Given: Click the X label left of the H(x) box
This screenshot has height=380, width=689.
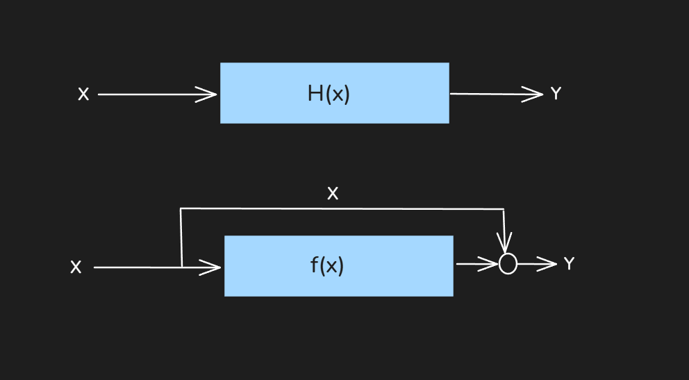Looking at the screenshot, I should click(83, 94).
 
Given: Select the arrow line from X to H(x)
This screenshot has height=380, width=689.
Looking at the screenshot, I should click(153, 94).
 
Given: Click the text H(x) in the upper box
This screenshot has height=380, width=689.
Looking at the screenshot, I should click(329, 94).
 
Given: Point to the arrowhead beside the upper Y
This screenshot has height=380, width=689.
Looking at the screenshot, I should click(536, 94).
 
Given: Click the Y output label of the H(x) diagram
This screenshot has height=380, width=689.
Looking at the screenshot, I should click(556, 94).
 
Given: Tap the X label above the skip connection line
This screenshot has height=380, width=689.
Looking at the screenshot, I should click(333, 194).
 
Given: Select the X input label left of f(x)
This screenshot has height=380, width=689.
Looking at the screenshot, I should click(76, 267).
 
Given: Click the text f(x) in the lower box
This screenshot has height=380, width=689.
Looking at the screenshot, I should click(327, 265).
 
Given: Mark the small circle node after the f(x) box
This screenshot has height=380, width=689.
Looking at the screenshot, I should click(508, 264).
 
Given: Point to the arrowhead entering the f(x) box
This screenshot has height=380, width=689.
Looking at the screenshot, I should click(212, 267).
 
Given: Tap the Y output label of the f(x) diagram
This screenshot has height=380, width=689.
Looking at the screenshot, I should click(569, 264).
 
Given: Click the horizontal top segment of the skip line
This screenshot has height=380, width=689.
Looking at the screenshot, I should click(340, 208).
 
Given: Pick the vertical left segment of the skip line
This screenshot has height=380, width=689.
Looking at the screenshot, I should click(181, 236).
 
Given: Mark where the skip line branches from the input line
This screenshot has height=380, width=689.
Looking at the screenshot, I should click(181, 267).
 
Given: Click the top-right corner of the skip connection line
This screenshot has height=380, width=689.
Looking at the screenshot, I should click(504, 209).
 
